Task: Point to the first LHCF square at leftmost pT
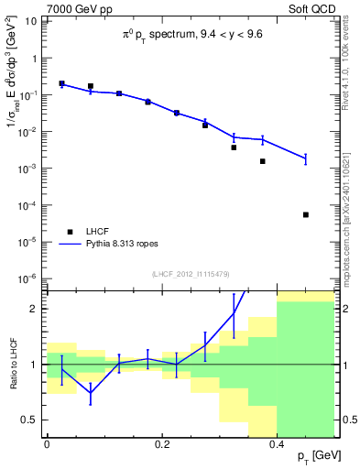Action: pyautogui.click(x=61, y=83)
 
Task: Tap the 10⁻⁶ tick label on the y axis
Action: pyautogui.click(x=30, y=278)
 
